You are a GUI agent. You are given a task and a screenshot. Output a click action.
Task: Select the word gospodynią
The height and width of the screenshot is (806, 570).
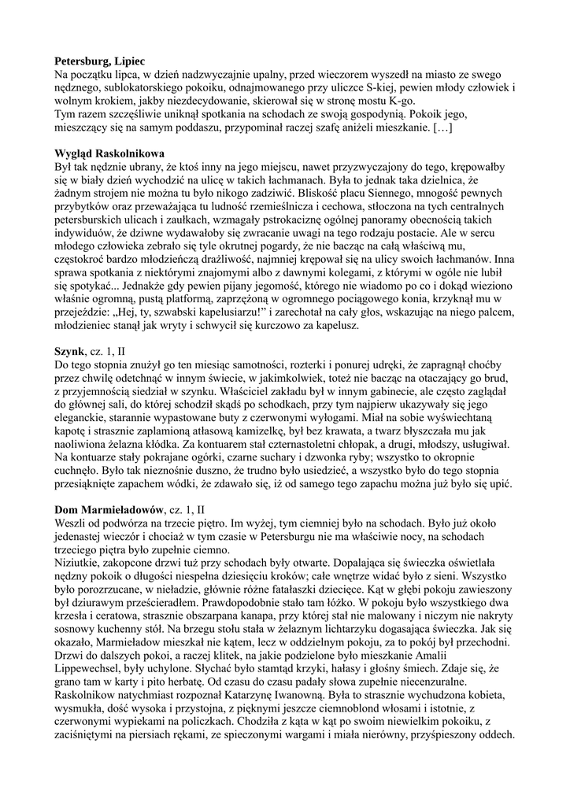[x=344, y=113]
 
